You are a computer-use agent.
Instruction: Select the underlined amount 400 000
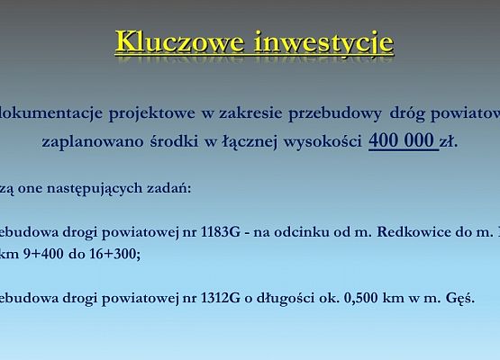[x=402, y=141]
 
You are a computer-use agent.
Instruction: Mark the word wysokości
[x=323, y=142]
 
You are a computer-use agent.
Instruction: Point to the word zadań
[x=167, y=189]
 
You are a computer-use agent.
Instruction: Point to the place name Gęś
[x=459, y=298]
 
